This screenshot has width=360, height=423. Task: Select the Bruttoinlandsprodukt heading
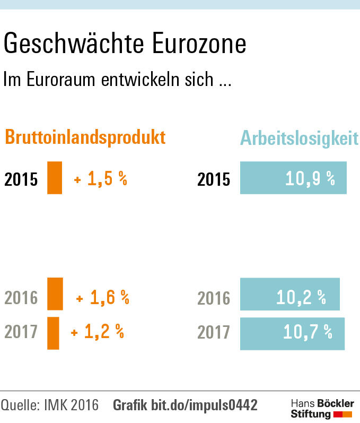click(x=85, y=137)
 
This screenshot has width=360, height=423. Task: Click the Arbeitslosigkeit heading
click(x=300, y=137)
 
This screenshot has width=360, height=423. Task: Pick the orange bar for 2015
click(x=55, y=178)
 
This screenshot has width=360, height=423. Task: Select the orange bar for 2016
click(x=55, y=293)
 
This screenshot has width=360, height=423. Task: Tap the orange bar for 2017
click(x=53, y=333)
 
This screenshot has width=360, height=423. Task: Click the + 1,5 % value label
click(x=101, y=179)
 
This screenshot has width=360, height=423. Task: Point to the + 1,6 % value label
click(x=103, y=298)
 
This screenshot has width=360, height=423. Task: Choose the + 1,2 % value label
click(x=98, y=333)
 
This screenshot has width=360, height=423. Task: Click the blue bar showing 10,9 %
click(x=293, y=178)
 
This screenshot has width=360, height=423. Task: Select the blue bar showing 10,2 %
click(x=289, y=294)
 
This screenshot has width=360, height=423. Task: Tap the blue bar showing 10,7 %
click(x=292, y=333)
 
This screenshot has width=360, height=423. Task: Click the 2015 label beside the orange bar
click(x=21, y=179)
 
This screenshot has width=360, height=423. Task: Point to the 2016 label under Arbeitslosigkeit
click(x=214, y=298)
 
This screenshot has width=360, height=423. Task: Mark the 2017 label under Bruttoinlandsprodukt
click(x=21, y=332)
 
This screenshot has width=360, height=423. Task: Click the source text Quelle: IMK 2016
click(x=50, y=405)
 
